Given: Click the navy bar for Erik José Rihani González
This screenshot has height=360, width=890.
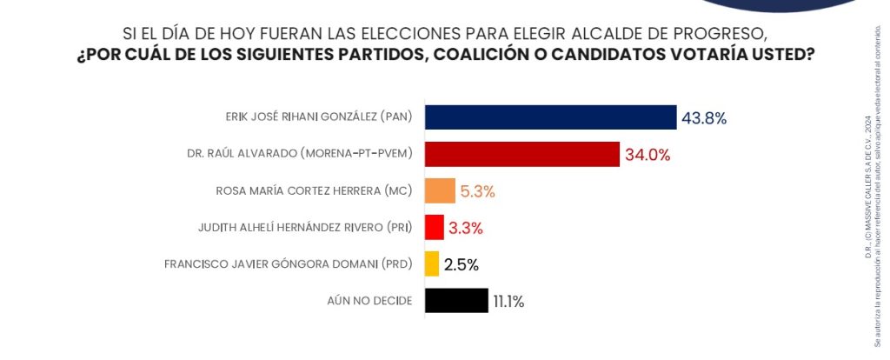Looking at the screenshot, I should pyautogui.click(x=550, y=117).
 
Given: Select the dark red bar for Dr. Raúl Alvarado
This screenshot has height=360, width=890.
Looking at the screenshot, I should pyautogui.click(x=522, y=154).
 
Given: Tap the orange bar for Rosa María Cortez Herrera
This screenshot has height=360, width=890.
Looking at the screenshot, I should pyautogui.click(x=440, y=190).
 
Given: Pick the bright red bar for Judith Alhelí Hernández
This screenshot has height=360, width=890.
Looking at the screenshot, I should pyautogui.click(x=435, y=227).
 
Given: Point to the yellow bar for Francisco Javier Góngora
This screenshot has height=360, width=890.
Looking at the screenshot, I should pyautogui.click(x=432, y=263).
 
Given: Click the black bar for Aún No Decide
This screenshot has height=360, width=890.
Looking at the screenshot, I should pyautogui.click(x=456, y=301).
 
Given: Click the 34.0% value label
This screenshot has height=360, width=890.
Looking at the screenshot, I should pyautogui.click(x=648, y=155).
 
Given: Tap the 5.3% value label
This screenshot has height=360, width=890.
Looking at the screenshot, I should pyautogui.click(x=477, y=191).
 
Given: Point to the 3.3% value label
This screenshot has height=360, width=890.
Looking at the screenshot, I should pyautogui.click(x=466, y=228).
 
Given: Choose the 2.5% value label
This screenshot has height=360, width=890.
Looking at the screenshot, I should pyautogui.click(x=462, y=264).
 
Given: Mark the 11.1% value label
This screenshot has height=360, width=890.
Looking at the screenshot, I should pyautogui.click(x=508, y=302).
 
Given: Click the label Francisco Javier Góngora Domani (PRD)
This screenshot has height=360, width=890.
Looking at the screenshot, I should pyautogui.click(x=288, y=263).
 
